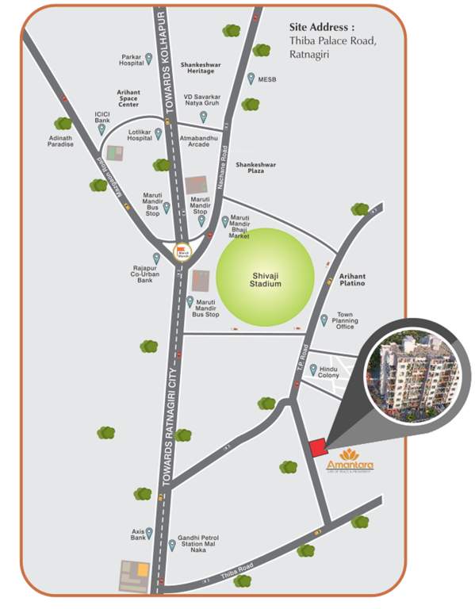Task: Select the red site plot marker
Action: pos(316,447)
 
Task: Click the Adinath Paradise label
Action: pos(61,140)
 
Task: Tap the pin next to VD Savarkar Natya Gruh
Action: pos(203,116)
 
